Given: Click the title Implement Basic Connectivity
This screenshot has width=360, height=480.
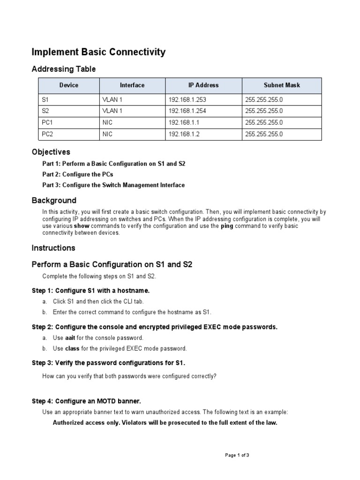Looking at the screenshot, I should (x=98, y=52).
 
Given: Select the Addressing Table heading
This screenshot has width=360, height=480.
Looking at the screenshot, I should (x=63, y=69).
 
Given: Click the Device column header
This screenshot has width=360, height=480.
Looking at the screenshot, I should (x=69, y=85).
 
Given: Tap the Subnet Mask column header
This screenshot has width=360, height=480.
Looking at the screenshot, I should (x=282, y=85).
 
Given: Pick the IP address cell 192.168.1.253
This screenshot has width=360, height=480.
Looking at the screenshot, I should (x=187, y=99).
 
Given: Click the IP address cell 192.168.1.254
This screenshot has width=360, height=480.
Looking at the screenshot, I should (x=187, y=111).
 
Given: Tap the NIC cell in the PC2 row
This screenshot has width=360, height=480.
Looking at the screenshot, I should (x=107, y=135).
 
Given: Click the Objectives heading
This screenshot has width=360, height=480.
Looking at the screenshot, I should (x=51, y=152).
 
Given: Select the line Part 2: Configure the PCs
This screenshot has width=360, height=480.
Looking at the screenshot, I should (x=77, y=174).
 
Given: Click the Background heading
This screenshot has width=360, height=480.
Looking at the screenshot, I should (x=54, y=201).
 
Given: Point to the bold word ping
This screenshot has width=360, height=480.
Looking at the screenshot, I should (x=227, y=226).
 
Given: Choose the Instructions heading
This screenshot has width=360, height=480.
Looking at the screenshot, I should (x=53, y=248).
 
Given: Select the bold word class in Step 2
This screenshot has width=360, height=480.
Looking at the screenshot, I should (x=72, y=349).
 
